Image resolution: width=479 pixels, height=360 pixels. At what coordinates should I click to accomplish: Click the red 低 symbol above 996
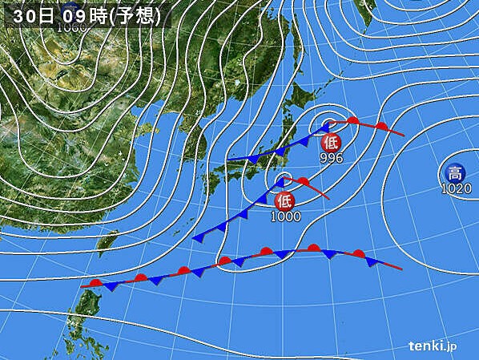pos(330,143)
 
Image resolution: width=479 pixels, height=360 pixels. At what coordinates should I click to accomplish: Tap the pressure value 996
pos(331,158)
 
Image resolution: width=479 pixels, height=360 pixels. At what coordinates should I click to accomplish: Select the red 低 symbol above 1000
pos(285,200)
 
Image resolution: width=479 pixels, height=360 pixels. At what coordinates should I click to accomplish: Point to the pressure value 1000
pos(285,216)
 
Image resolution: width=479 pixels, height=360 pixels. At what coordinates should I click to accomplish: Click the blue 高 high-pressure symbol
pos(454,172)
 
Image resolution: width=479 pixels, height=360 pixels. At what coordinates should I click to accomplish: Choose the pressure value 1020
pos(454,188)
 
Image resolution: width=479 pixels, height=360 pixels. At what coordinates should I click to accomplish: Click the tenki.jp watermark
pos(433,346)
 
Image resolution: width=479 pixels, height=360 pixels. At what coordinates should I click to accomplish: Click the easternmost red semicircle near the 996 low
pos(383,126)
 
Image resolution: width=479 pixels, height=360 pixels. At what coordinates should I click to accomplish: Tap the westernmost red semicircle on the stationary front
pos(96,282)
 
